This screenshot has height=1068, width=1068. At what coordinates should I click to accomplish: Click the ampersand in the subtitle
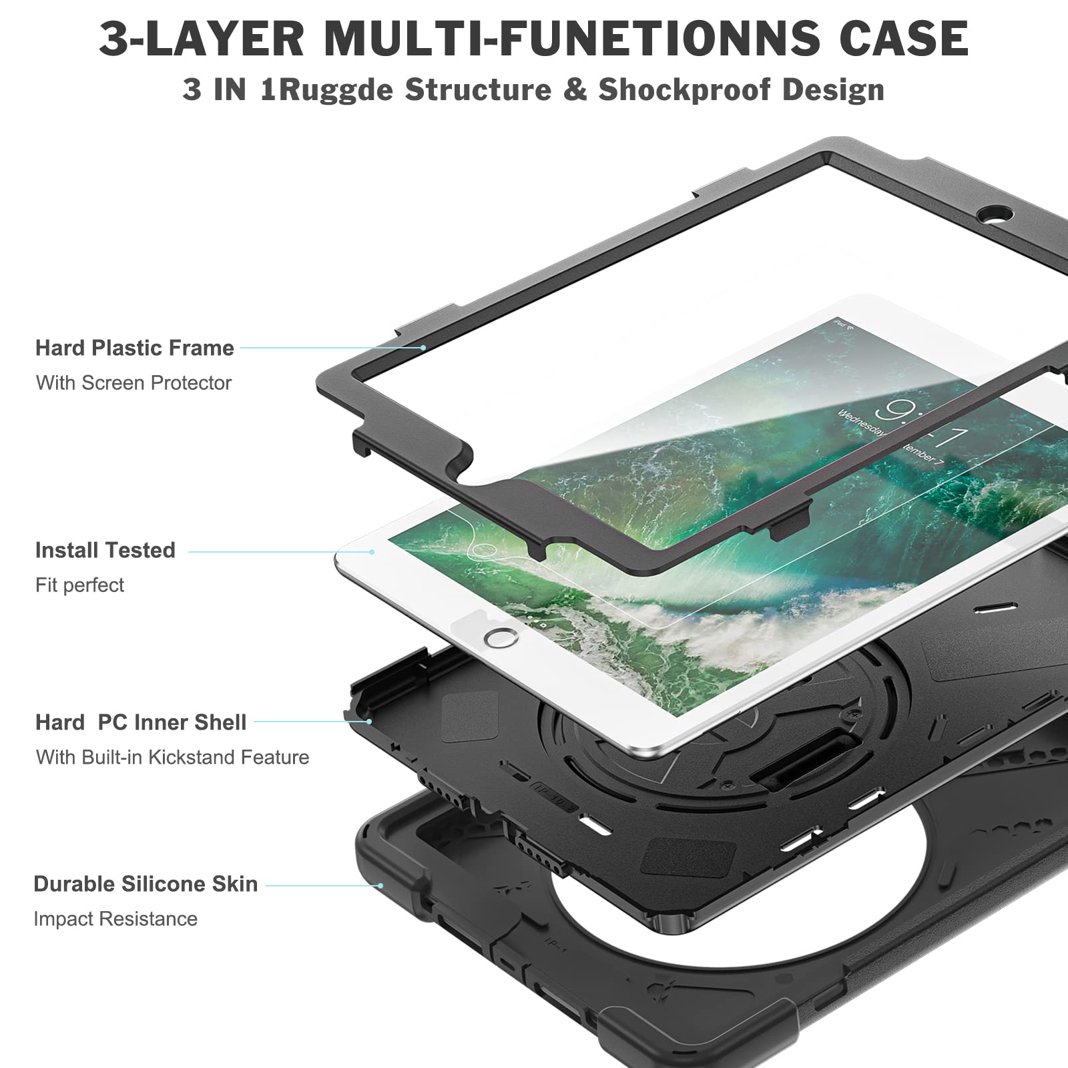pos(574,89)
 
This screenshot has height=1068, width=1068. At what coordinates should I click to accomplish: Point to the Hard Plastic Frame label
pos(135,348)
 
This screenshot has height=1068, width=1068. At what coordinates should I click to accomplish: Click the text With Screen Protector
pos(133,382)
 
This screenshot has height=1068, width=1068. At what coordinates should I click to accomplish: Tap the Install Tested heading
pos(105,550)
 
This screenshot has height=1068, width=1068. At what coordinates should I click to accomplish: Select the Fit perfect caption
pos(80,585)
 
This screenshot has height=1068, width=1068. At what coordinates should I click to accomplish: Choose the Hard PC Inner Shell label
pos(141,722)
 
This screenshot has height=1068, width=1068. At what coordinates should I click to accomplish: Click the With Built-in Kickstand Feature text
pos(173,757)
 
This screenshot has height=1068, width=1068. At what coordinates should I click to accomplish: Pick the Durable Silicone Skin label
pos(146,884)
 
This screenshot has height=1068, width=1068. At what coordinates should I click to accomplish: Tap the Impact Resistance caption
pos(115,918)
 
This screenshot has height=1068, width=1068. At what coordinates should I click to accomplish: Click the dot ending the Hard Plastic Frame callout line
pos(423,348)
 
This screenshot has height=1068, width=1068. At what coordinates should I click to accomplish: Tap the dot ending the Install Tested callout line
pos(372,551)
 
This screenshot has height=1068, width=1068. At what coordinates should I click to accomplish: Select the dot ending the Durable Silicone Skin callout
pos(380,886)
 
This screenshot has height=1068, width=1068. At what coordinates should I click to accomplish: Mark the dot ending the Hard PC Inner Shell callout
pos(369,722)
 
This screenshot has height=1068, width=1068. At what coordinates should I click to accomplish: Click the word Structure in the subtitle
pos(479,89)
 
